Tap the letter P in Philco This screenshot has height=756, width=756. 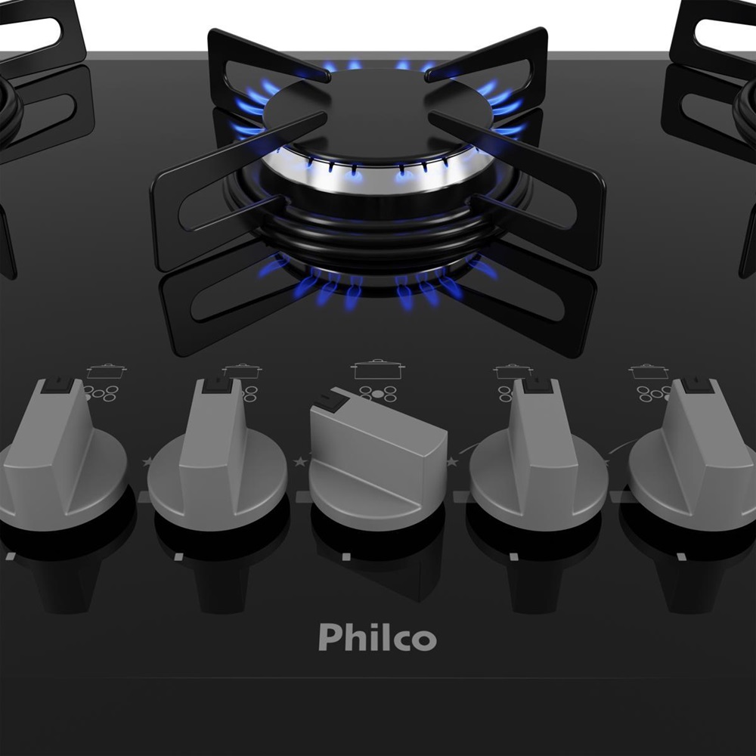coord(328,637)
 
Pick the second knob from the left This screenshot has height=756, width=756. coord(217,456)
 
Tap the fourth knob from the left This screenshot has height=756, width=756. coord(538,456)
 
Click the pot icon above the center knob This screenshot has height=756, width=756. coord(377,370)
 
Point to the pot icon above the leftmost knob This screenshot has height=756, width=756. coord(107,371)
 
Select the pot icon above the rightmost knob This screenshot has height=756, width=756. coord(649,371)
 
